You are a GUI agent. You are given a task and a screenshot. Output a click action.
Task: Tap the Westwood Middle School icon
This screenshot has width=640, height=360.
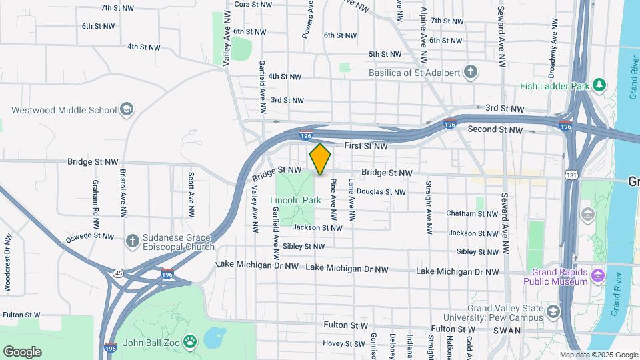[127, 109]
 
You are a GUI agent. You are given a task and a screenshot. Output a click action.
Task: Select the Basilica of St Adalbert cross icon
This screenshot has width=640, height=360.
[471, 71]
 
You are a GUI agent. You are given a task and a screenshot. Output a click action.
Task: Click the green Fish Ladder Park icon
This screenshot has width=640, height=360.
[600, 85]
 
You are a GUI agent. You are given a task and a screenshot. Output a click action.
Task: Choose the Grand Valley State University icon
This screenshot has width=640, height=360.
[553, 312]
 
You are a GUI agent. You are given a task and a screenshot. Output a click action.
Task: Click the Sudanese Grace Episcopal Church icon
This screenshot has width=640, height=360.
[133, 240]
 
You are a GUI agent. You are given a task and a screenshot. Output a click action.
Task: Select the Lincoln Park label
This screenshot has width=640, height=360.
[291, 200]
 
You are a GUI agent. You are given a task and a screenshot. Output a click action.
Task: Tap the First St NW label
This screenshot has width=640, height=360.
[365, 146]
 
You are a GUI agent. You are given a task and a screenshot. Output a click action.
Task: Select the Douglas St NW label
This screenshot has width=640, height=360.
[381, 192]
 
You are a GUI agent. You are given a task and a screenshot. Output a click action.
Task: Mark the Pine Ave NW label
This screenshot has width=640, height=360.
[333, 199]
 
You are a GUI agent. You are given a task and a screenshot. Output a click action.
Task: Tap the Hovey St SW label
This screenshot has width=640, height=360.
[344, 343]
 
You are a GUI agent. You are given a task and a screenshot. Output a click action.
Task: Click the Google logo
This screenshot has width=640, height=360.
[22, 352]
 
